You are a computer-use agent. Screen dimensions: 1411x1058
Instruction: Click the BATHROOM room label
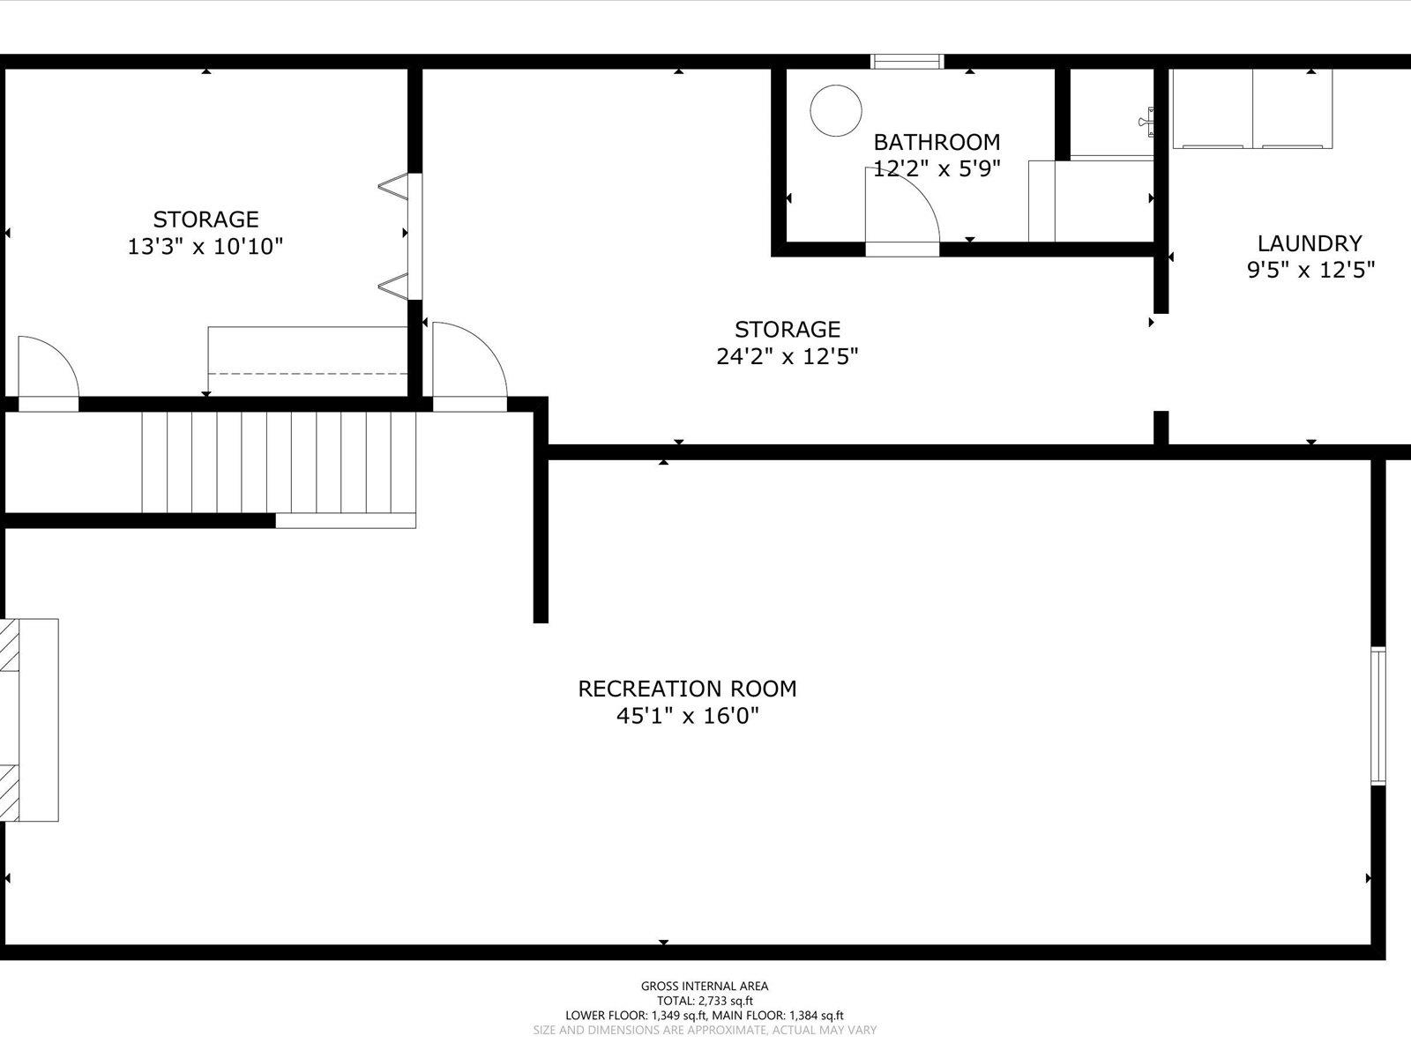[937, 142]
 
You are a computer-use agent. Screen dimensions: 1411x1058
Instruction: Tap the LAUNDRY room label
[1310, 243]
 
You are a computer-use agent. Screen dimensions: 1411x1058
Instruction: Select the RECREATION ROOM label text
[687, 689]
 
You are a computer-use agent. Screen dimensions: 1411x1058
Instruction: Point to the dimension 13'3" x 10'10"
[205, 246]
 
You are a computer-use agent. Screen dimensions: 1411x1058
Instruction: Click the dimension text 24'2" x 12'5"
[788, 356]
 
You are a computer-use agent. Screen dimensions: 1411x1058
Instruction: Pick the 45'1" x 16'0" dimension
[688, 716]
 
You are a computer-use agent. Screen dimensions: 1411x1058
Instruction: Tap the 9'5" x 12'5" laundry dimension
[1310, 271]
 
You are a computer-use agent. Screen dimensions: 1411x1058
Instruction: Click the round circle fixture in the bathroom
[836, 110]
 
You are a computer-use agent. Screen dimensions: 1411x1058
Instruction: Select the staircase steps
[279, 463]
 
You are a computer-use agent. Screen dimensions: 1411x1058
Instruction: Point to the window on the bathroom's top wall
[907, 62]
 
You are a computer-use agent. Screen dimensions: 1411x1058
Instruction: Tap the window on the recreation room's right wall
[1377, 716]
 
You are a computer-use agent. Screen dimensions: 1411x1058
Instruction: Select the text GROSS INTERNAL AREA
[704, 986]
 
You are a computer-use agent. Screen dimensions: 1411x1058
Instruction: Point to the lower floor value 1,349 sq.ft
[679, 1016]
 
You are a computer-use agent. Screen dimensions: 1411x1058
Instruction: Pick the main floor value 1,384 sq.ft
[817, 1016]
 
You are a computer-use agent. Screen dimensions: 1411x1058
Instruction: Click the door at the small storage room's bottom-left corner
[49, 373]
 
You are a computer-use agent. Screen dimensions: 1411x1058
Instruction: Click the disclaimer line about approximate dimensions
[705, 1031]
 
